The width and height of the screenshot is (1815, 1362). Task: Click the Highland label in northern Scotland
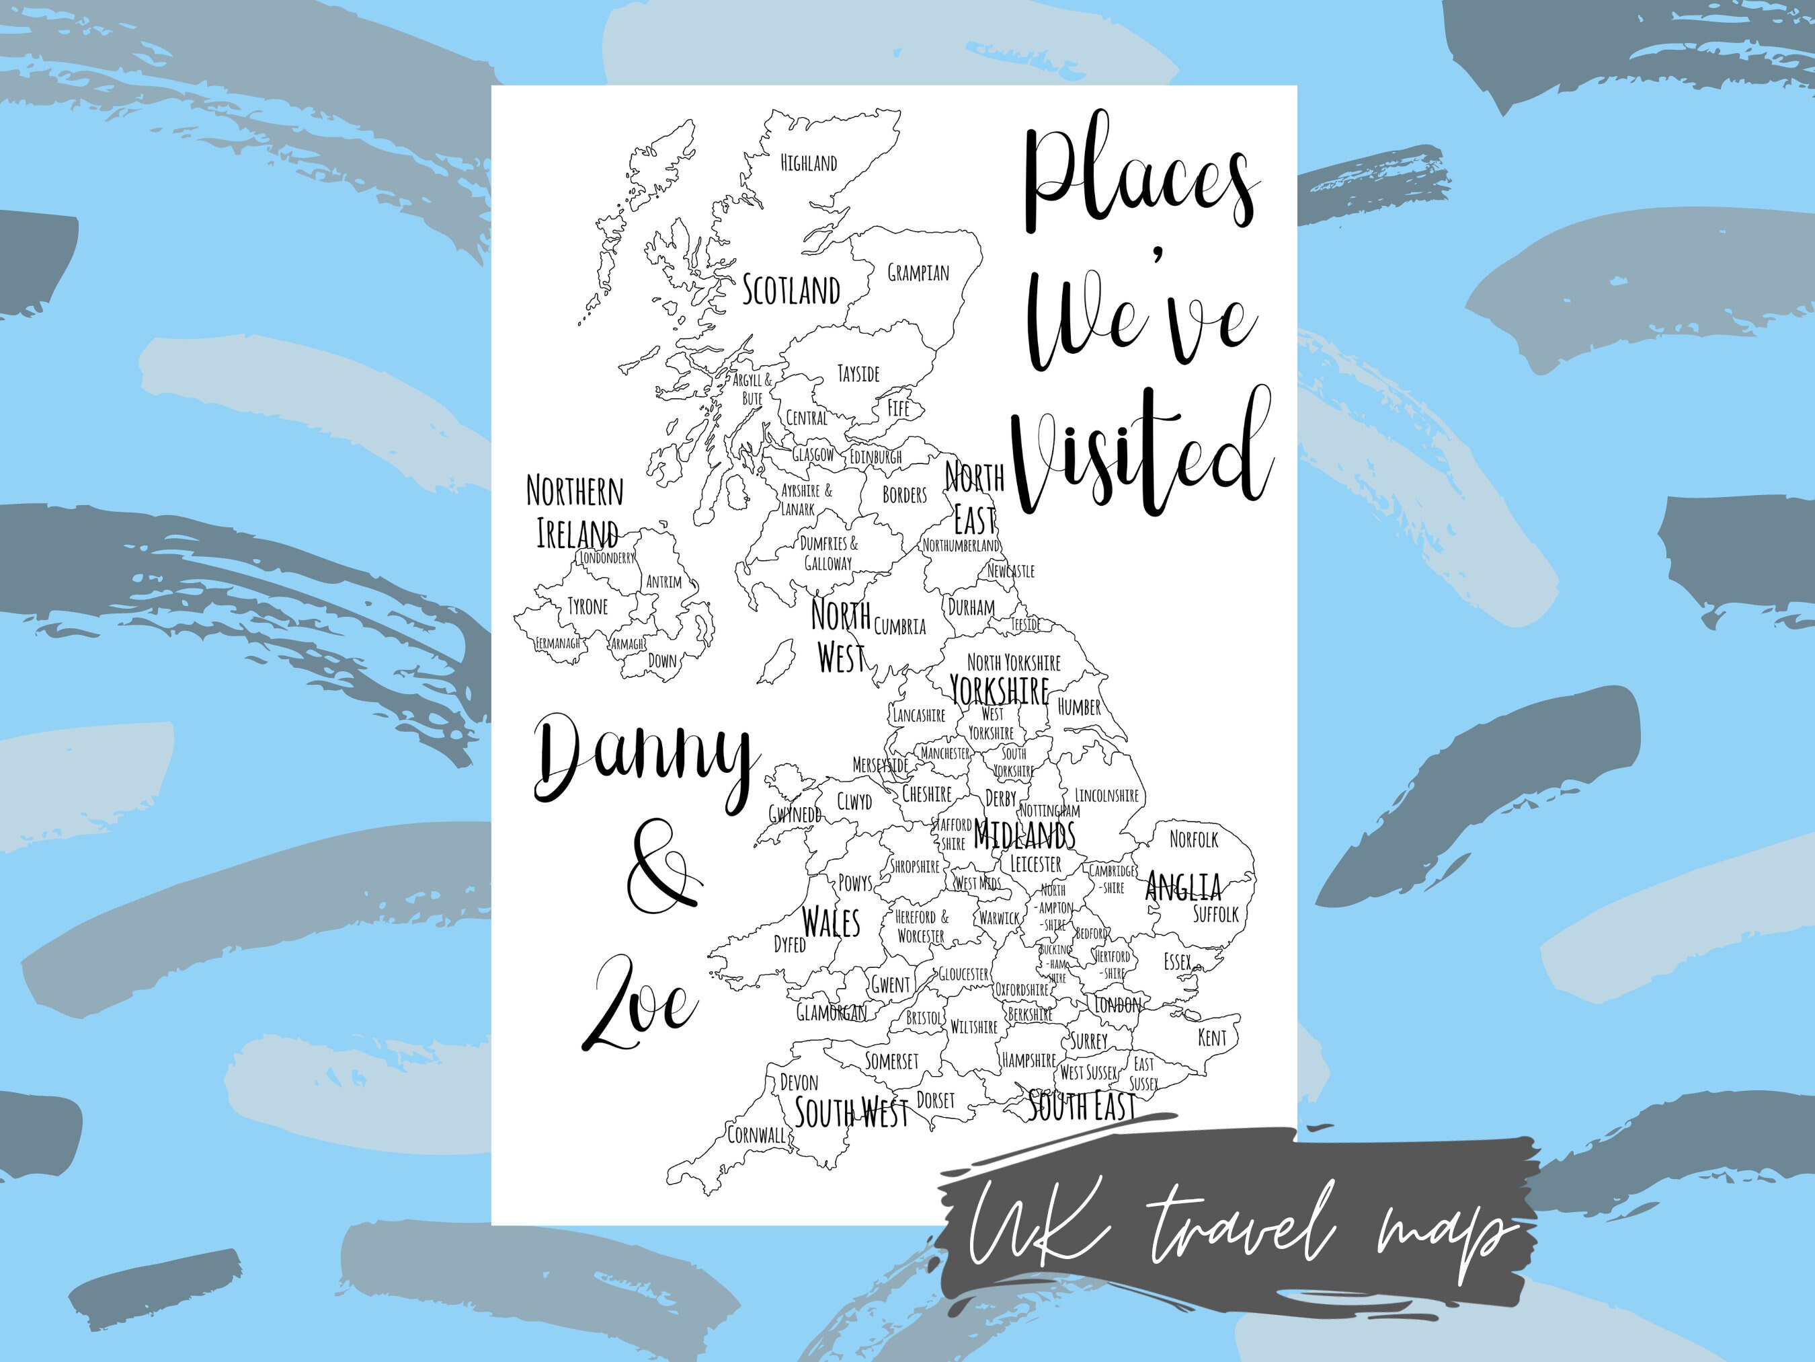(808, 163)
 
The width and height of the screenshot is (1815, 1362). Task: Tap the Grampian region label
(918, 272)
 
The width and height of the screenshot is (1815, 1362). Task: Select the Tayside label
(858, 375)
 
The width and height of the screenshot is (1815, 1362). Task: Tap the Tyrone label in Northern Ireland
(588, 607)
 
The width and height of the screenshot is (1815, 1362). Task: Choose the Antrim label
(663, 582)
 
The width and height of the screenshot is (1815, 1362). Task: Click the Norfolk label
(1194, 839)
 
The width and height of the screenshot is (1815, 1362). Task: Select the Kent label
(1212, 1038)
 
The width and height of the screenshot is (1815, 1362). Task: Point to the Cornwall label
(756, 1135)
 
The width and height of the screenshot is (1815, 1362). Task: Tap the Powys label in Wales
(855, 882)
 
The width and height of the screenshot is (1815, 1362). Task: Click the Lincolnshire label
(1107, 795)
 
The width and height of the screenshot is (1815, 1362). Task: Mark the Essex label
(1178, 961)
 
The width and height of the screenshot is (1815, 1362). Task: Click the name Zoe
(639, 1006)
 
